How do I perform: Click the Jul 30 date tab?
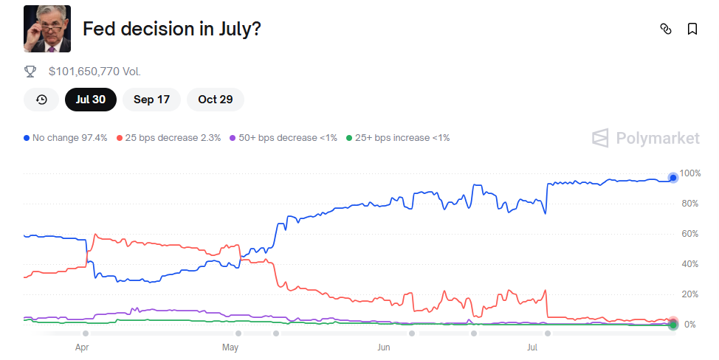tap(90, 100)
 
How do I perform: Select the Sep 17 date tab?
tap(151, 100)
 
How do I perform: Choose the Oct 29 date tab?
tap(215, 100)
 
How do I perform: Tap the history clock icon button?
tap(41, 100)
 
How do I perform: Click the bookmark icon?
tap(692, 29)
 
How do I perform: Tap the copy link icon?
tap(665, 29)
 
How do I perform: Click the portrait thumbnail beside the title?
tap(47, 29)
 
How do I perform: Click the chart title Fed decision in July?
tap(172, 30)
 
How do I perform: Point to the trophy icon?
tap(30, 72)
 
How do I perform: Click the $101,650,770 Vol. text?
tap(94, 72)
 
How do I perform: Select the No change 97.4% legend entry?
tap(66, 138)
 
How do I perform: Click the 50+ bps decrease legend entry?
tap(283, 138)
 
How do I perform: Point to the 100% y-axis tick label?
tap(690, 173)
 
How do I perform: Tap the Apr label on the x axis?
tap(82, 346)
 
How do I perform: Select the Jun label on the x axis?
tap(383, 346)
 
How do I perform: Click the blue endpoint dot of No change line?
tap(672, 177)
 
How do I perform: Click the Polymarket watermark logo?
tap(646, 138)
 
